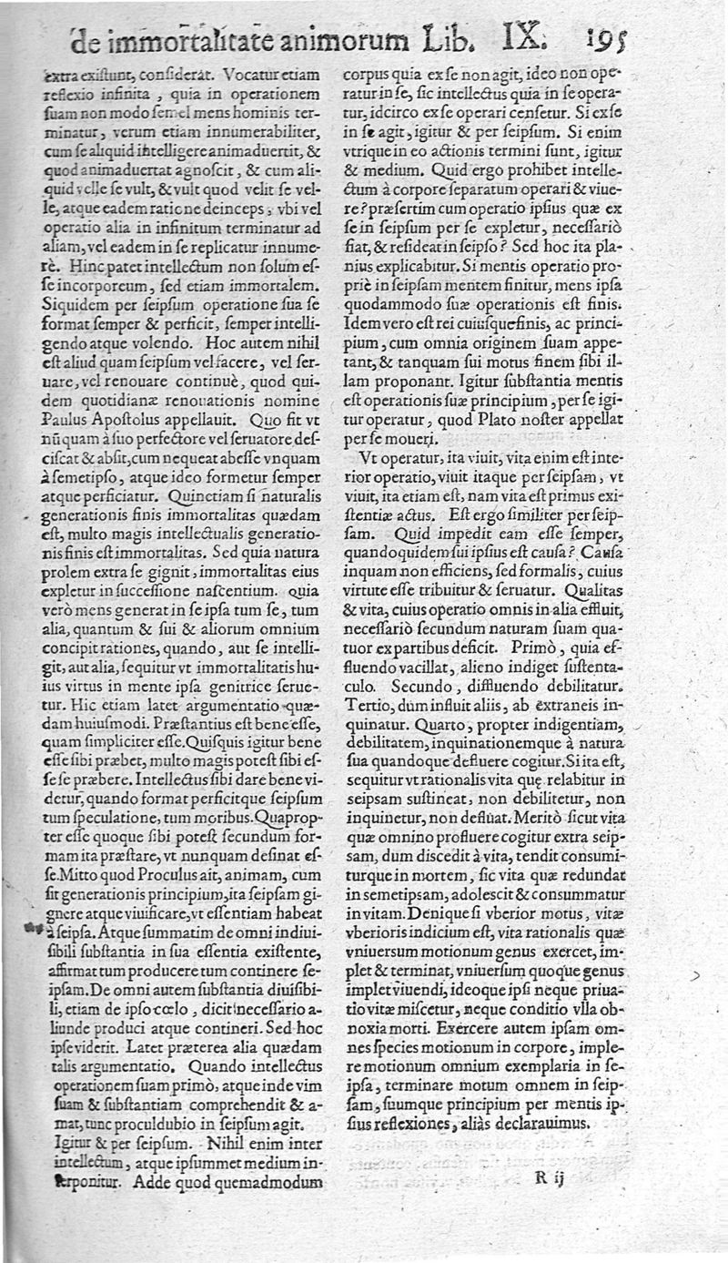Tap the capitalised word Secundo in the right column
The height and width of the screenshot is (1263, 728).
(380, 689)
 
